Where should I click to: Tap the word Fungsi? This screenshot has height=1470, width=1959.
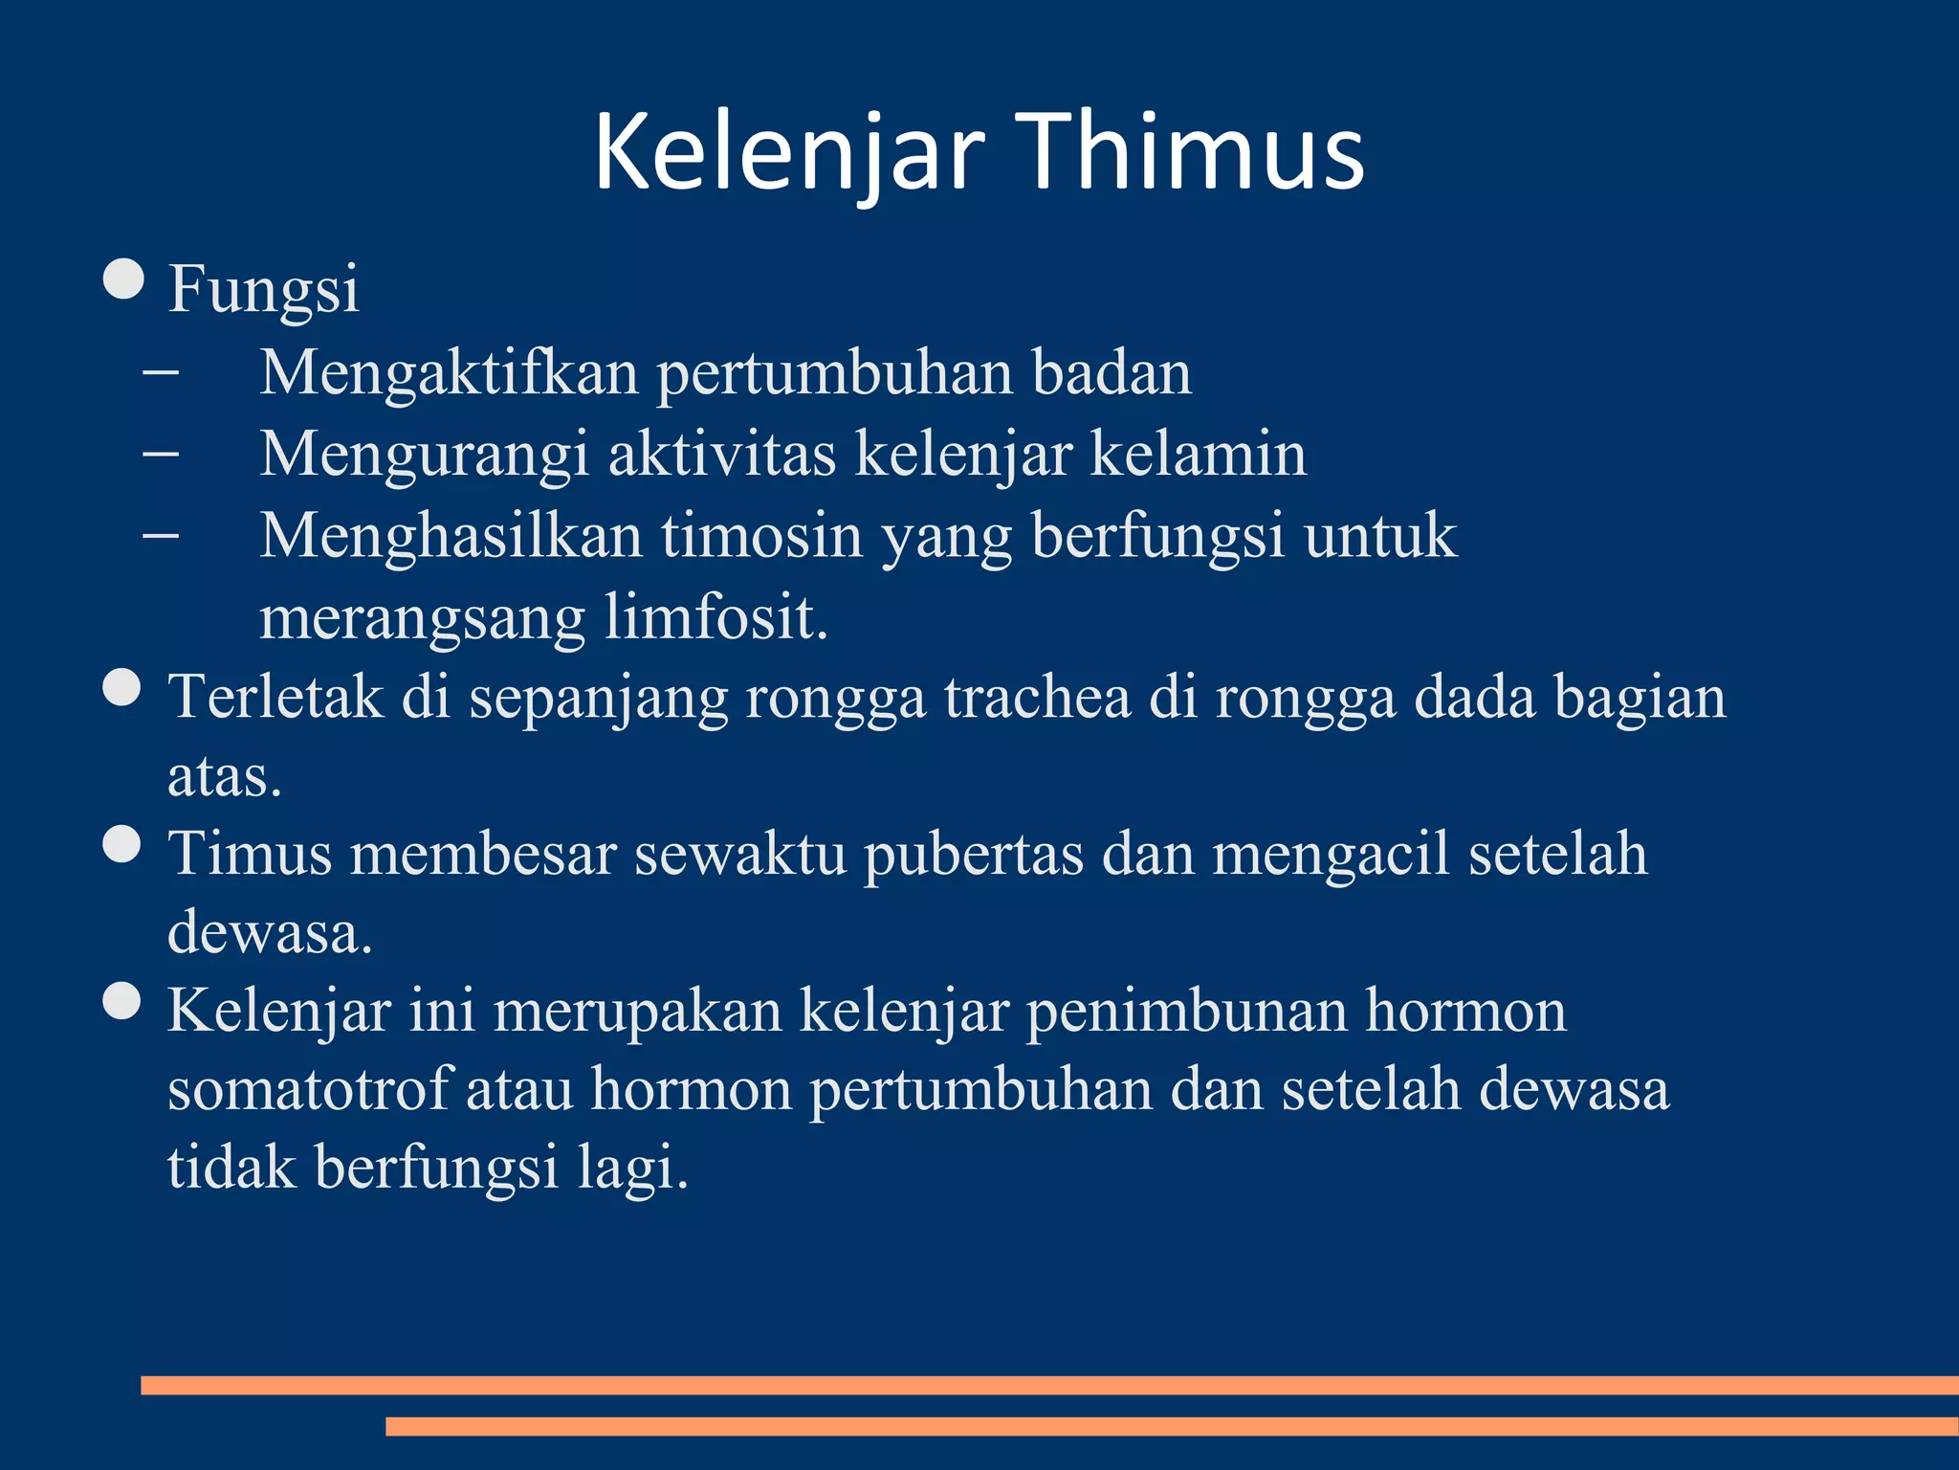pos(264,289)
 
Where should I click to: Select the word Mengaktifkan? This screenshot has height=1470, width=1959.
pos(449,372)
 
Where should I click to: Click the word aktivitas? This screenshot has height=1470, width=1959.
pos(722,454)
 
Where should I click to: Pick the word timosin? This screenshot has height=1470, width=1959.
pos(762,535)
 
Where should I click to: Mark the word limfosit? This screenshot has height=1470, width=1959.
pos(715,617)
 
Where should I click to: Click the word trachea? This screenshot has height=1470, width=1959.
pos(1038,697)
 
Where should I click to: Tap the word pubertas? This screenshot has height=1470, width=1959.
pos(974,854)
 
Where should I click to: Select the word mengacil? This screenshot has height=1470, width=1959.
pos(1332,854)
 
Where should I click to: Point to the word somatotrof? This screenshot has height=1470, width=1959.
pos(308,1089)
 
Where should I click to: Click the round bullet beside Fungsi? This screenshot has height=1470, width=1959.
pos(123,280)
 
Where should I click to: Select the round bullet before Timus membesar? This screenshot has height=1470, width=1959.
pos(122,844)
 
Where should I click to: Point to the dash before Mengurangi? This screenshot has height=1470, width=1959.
pos(160,454)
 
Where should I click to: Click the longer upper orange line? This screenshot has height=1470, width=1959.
pos(1049,1385)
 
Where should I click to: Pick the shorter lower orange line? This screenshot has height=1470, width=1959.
pos(1172,1426)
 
